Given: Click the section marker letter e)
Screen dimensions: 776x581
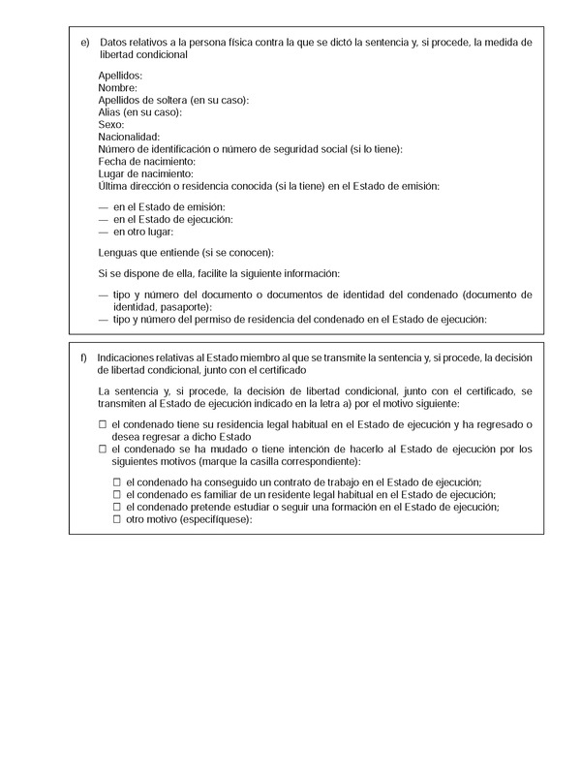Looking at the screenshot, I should point(84,44).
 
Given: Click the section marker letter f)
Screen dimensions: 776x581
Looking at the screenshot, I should point(84,357).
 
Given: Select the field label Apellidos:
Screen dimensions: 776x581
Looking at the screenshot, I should point(121,76).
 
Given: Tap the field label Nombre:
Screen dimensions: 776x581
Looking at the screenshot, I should point(118,88).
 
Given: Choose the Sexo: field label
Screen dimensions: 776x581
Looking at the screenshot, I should point(111,125).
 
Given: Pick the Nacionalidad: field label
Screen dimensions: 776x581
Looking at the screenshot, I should point(129,137).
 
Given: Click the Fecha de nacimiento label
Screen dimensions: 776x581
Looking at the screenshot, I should point(147,161).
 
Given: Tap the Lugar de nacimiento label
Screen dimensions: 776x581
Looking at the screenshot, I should point(146,173).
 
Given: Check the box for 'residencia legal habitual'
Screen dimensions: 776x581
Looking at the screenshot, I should point(103,425).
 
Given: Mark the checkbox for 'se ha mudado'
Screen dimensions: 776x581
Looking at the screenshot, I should point(103,450).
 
